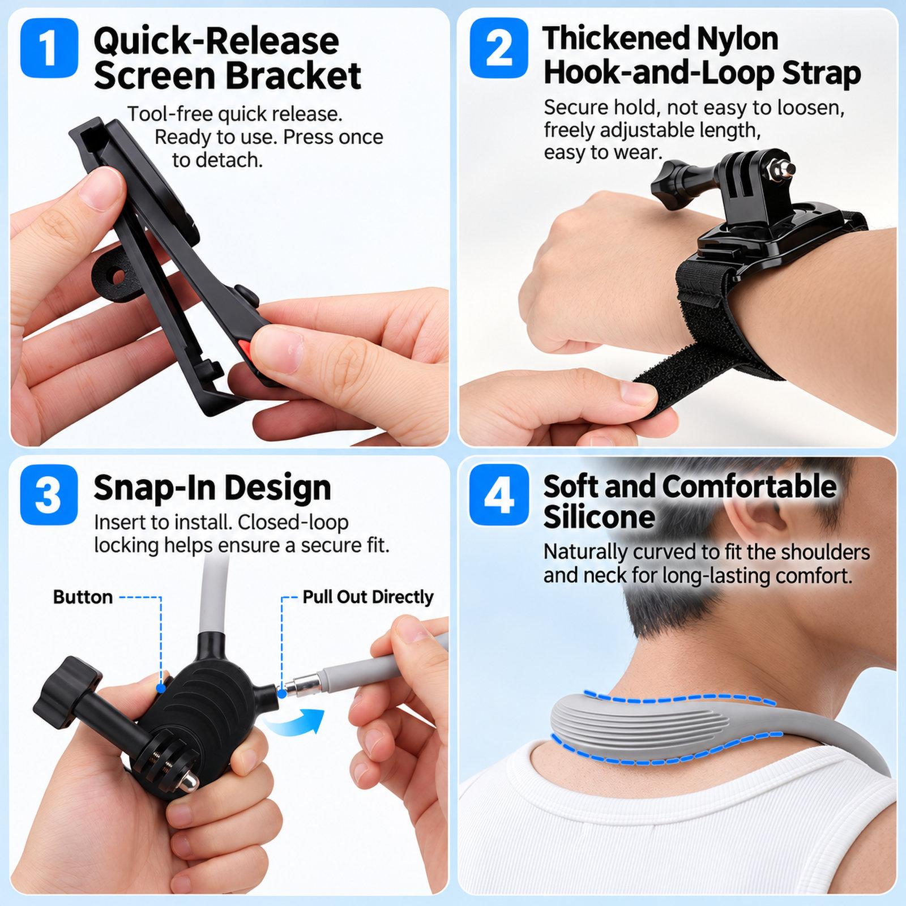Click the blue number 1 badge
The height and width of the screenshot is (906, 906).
pos(49,48)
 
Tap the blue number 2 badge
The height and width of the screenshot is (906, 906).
pos(499,48)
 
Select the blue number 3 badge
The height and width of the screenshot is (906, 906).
pos(49,494)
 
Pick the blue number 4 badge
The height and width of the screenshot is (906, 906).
pos(499,494)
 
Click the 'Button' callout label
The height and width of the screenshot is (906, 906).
pos(83,597)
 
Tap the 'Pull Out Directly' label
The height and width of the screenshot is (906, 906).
pos(368,597)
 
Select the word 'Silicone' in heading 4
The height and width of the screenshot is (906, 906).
pos(599,517)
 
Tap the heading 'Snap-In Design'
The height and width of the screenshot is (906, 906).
pos(212,488)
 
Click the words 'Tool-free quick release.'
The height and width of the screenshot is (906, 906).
pos(234,114)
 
